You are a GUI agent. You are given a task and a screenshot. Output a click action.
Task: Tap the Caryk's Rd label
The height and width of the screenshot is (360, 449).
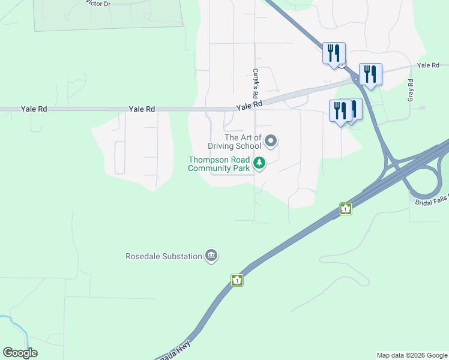pyautogui.click(x=255, y=83)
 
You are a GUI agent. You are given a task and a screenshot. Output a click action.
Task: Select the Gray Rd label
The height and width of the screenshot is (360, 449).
pyautogui.click(x=411, y=90)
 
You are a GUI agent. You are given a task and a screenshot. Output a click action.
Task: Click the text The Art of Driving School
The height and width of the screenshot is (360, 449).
pyautogui.click(x=235, y=142)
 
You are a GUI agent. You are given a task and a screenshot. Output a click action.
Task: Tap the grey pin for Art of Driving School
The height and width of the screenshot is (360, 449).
pyautogui.click(x=271, y=142)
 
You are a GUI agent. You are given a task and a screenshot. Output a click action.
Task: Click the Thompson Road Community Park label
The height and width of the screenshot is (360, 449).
pyautogui.click(x=218, y=164)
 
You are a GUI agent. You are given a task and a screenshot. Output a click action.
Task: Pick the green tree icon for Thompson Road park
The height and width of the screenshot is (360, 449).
pyautogui.click(x=259, y=163)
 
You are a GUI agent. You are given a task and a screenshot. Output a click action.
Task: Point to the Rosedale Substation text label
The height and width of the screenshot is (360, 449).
pyautogui.click(x=163, y=256)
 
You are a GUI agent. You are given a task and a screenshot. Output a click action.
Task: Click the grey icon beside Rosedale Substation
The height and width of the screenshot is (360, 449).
pyautogui.click(x=211, y=256)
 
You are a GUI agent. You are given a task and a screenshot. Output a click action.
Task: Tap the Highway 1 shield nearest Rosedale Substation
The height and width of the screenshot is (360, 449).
pyautogui.click(x=238, y=280)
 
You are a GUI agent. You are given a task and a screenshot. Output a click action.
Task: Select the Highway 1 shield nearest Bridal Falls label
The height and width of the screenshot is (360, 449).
pyautogui.click(x=345, y=209)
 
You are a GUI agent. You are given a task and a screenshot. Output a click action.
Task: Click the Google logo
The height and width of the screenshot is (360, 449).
pyautogui.click(x=20, y=353)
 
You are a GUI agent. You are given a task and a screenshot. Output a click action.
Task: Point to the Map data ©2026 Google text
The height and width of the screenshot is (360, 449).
pyautogui.click(x=411, y=355)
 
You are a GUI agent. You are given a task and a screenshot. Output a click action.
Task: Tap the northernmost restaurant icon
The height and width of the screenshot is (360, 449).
pyautogui.click(x=334, y=53)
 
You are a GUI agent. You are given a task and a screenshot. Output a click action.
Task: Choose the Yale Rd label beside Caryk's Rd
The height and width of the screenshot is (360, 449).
pyautogui.click(x=249, y=106)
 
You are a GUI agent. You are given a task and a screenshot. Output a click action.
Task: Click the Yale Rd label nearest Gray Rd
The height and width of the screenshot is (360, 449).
pyautogui.click(x=428, y=65)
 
